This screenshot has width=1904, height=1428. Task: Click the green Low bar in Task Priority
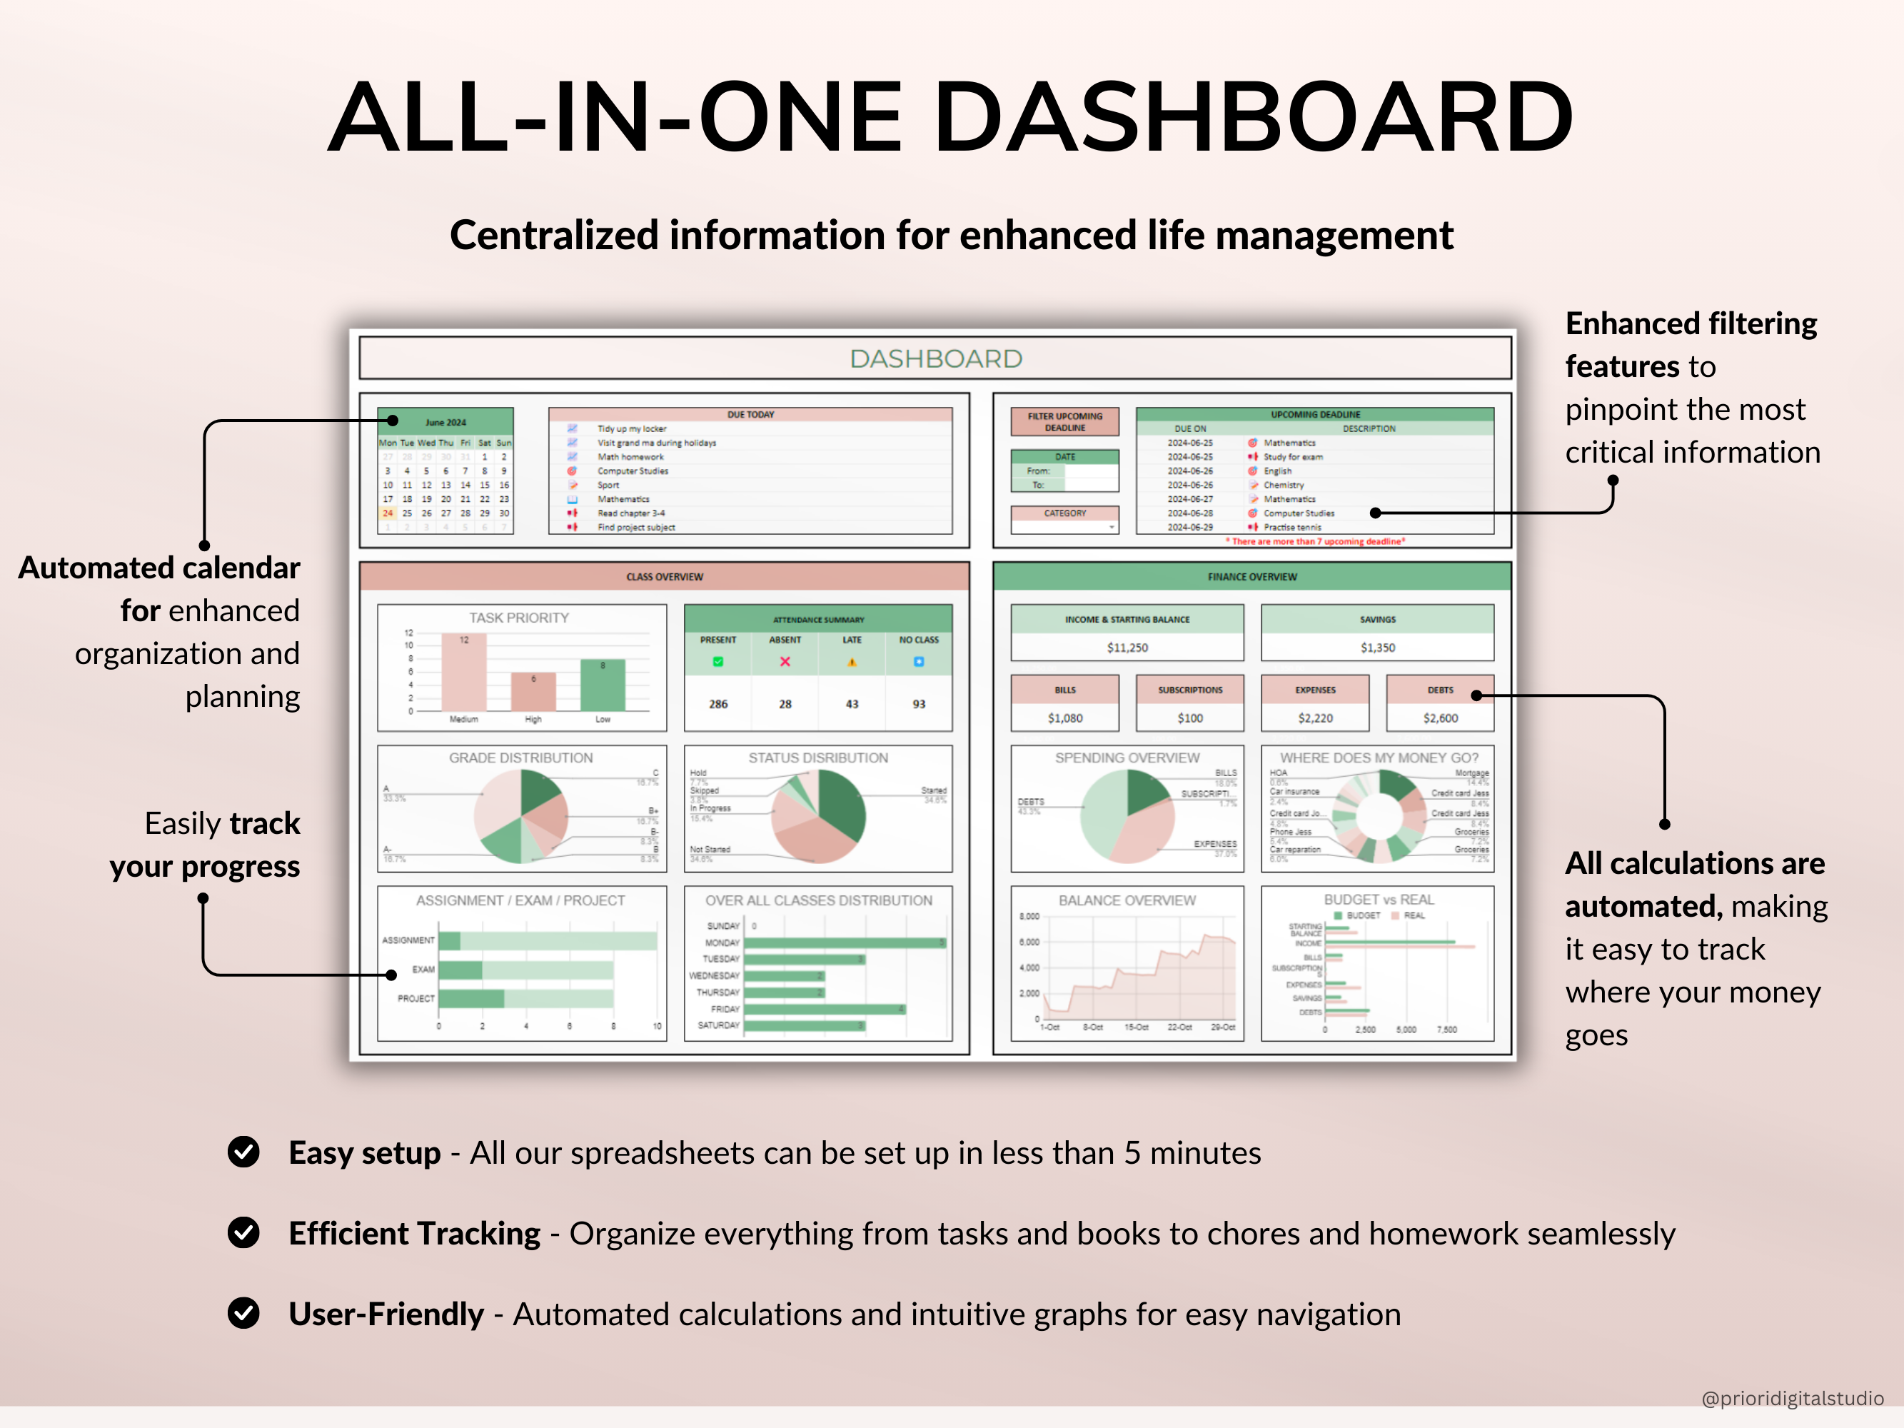pyautogui.click(x=603, y=685)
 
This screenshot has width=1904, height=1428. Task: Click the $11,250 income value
pyautogui.click(x=1127, y=648)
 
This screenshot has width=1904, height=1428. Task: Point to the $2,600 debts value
pyautogui.click(x=1440, y=718)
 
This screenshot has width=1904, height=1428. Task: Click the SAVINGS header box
pyautogui.click(x=1377, y=619)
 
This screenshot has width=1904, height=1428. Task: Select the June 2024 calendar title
pyautogui.click(x=445, y=422)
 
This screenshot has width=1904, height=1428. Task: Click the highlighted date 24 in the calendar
pyautogui.click(x=388, y=513)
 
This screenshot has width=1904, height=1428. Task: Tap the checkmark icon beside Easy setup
pyautogui.click(x=243, y=1152)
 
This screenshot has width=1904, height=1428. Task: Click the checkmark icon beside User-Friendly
pyautogui.click(x=243, y=1312)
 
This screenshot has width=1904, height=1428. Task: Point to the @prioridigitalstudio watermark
pyautogui.click(x=1792, y=1398)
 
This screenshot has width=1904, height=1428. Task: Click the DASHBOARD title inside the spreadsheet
pyautogui.click(x=936, y=359)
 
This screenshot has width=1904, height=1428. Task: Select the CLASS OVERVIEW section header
pyautogui.click(x=665, y=577)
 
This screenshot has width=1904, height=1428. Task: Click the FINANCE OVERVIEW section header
pyautogui.click(x=1251, y=577)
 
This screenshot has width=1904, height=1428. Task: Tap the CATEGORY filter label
pyautogui.click(x=1064, y=513)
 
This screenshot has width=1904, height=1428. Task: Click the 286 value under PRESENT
pyautogui.click(x=718, y=704)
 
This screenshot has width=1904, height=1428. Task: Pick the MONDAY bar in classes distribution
pyautogui.click(x=845, y=942)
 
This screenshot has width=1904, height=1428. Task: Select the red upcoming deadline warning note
pyautogui.click(x=1315, y=541)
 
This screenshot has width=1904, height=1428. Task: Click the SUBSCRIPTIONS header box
pyautogui.click(x=1189, y=690)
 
